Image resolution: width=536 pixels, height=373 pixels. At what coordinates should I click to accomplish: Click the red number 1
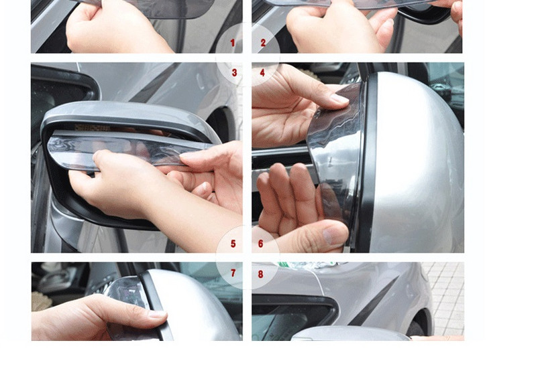point(233,43)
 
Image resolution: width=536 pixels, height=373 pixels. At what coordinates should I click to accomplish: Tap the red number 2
point(263,43)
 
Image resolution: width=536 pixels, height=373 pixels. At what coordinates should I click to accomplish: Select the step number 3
point(234,72)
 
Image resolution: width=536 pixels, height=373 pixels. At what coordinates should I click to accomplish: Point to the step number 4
point(262,72)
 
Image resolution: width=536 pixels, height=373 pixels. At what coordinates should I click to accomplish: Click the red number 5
point(233,244)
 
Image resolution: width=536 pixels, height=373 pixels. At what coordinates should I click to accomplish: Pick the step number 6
point(261,244)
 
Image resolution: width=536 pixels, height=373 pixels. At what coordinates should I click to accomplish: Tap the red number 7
point(233,273)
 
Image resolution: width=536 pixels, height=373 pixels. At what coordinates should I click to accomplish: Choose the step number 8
point(261,273)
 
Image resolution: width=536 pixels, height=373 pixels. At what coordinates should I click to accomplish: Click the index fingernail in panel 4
point(339,99)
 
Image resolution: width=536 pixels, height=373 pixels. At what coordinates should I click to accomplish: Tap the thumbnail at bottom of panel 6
point(335,234)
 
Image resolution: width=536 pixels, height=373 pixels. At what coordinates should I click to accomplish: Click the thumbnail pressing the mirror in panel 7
point(157,313)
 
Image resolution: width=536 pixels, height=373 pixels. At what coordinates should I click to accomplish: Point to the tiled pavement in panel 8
point(446,295)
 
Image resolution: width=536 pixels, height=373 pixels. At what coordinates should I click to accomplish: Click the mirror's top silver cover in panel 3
point(127,114)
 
